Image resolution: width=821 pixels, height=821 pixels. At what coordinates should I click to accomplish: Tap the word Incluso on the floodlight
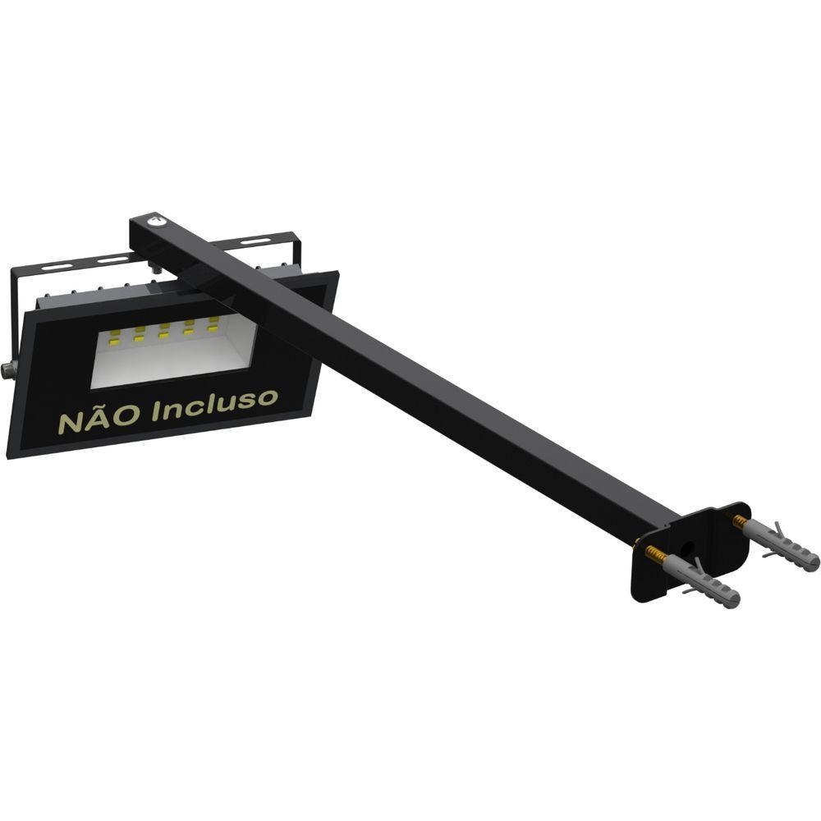[x=214, y=405]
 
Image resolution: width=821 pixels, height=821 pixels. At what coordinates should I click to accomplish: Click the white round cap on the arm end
[x=154, y=220]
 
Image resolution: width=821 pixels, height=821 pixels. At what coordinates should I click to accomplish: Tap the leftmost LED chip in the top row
[x=115, y=333]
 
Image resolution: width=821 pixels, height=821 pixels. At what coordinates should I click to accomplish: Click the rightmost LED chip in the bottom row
[x=214, y=328]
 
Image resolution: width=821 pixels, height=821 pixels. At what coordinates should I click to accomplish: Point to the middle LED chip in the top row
[x=164, y=326]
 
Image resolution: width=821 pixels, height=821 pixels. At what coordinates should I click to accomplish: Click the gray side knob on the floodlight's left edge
[x=8, y=370]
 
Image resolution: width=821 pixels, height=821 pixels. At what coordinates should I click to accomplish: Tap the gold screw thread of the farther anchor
[x=740, y=521]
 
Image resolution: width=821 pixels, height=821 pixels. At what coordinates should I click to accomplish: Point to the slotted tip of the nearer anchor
[x=731, y=600]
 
